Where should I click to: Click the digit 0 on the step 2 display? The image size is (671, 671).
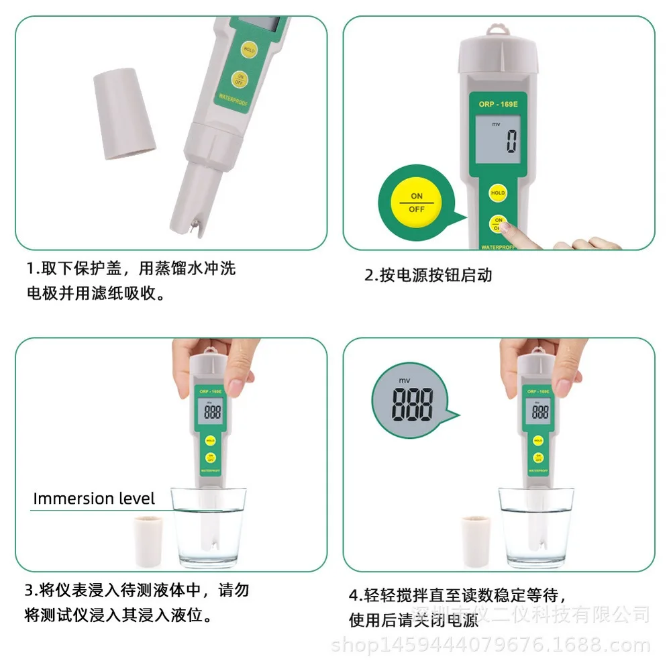511,142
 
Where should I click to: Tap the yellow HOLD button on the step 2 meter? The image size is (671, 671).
498,193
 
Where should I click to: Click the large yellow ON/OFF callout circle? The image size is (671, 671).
417,202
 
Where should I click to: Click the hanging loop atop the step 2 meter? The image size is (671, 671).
497,30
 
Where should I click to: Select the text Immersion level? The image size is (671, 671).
94,499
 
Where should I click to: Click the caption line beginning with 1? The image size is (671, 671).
131,269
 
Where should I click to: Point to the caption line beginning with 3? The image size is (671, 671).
137,590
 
